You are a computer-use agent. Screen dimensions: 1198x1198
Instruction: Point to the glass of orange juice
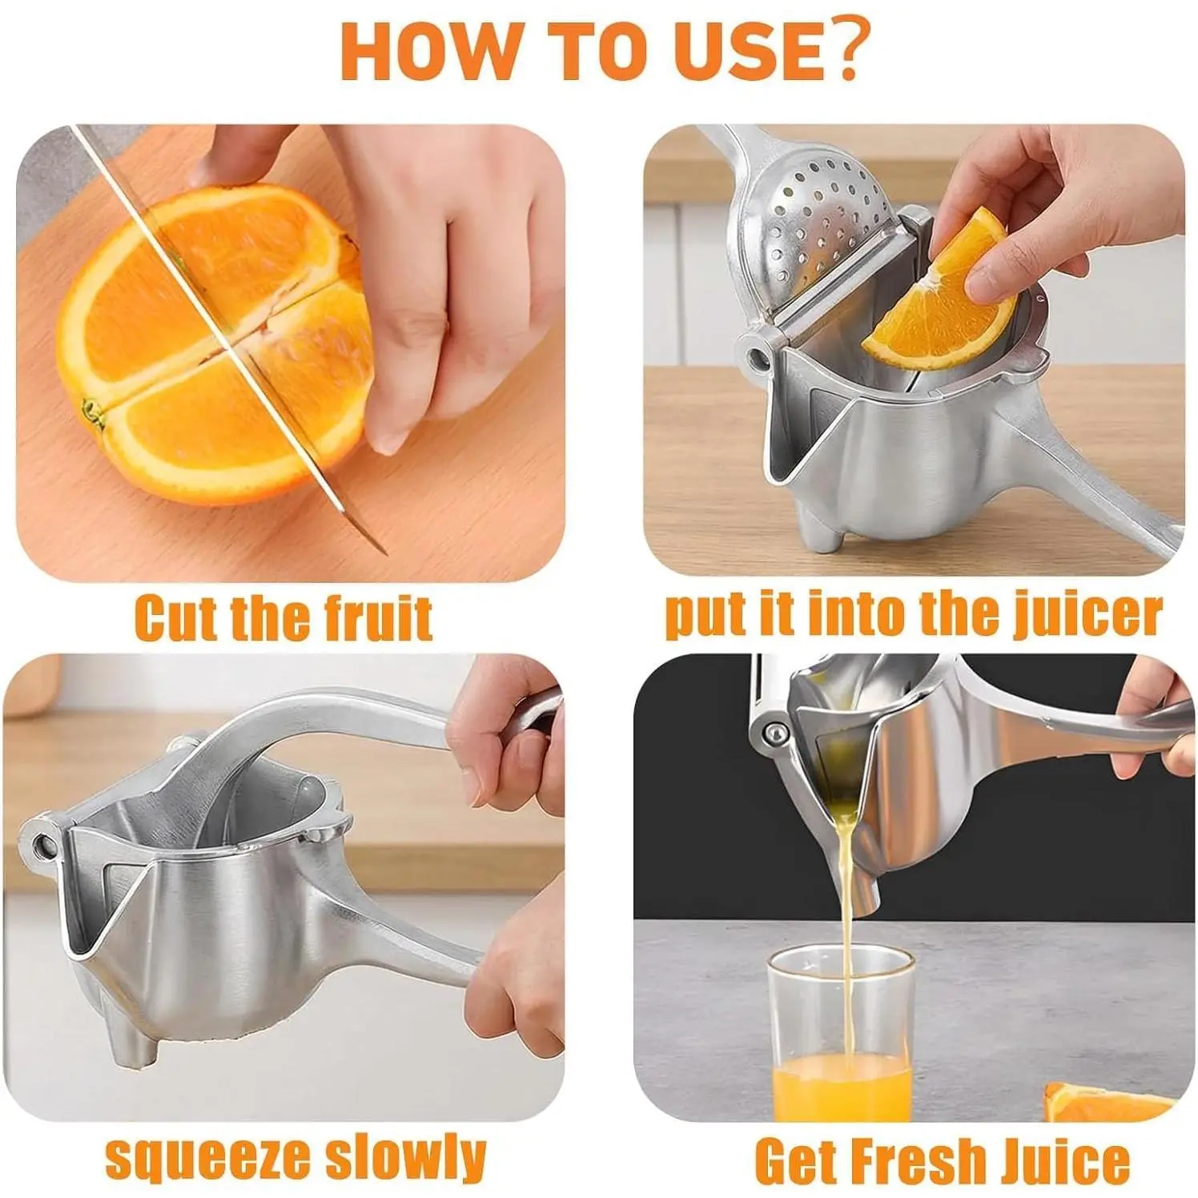click(842, 1034)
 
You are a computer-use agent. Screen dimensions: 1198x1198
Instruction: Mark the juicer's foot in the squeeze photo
click(133, 1044)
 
